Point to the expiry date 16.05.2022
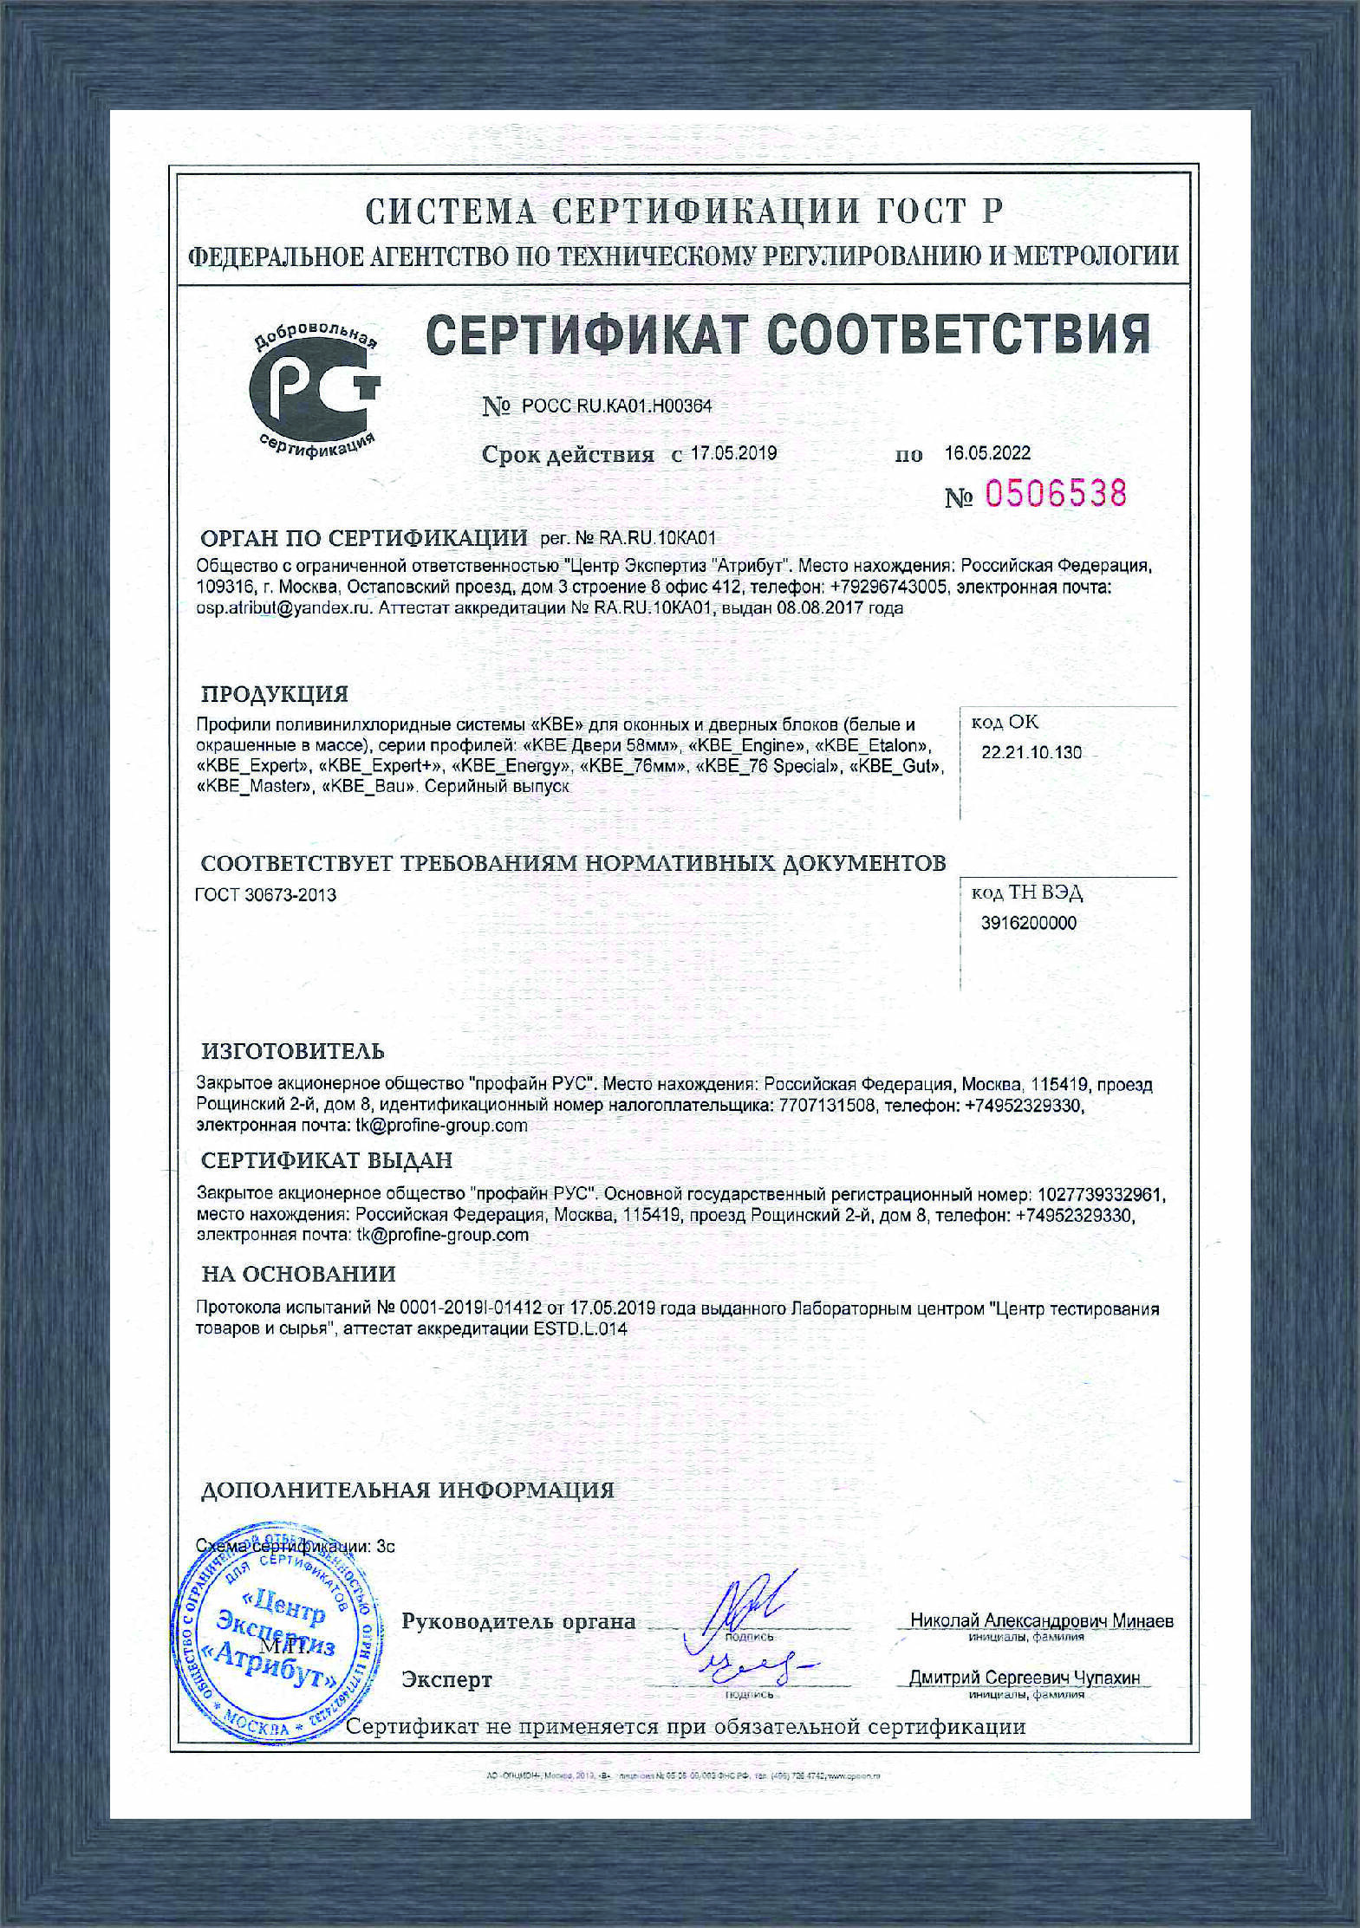click(x=987, y=453)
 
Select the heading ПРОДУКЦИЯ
click(x=275, y=694)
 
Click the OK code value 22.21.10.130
click(x=1031, y=752)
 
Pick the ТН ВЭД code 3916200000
click(x=1029, y=923)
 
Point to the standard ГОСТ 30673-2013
click(x=266, y=895)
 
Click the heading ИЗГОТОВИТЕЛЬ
click(x=293, y=1052)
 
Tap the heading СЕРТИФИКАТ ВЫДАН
click(x=327, y=1160)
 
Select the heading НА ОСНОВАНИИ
click(x=298, y=1274)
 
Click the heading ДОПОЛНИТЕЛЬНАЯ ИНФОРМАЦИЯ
click(x=407, y=1490)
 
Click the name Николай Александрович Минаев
click(x=1041, y=1620)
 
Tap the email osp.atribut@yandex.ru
click(x=284, y=608)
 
